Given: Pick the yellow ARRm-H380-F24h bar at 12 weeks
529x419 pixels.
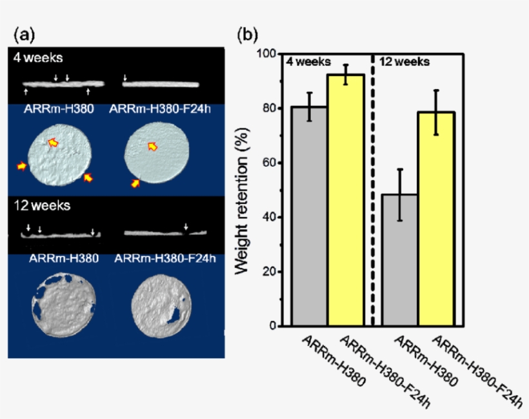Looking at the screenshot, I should coord(436,219).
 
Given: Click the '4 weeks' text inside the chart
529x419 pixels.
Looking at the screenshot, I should coord(308,63).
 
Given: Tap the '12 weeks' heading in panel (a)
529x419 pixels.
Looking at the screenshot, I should coord(41,207).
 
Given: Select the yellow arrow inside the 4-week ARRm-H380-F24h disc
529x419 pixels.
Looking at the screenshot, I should coord(152,145).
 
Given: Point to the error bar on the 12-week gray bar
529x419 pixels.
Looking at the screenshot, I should coord(400,194).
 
